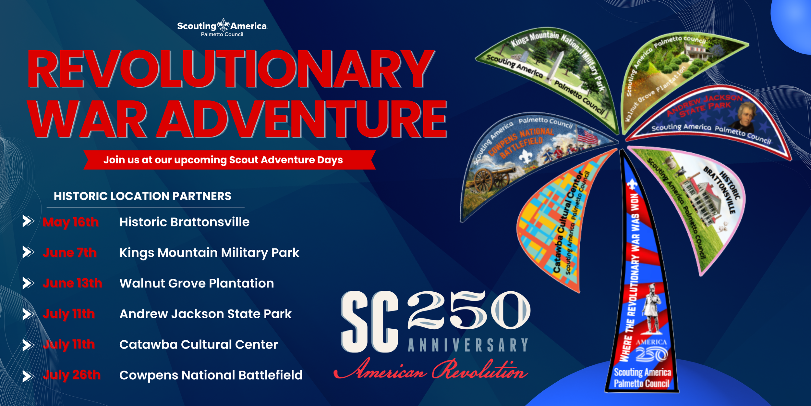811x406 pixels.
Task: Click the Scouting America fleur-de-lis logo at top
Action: [x=223, y=25]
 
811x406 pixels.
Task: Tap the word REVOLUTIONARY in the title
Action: [x=230, y=70]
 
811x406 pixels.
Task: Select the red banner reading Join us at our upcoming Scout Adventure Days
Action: [x=229, y=160]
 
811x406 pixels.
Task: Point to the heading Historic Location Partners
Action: [x=142, y=196]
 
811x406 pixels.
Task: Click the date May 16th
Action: [x=70, y=222]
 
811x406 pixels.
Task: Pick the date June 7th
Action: [x=69, y=253]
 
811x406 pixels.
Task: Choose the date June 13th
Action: [x=72, y=283]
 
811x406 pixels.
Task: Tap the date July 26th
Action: [x=71, y=375]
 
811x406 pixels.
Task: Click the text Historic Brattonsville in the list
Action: [x=184, y=222]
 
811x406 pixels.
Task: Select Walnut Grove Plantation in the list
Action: [x=197, y=283]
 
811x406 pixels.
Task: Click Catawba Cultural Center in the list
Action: [x=199, y=345]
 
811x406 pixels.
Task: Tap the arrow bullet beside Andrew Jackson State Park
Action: [x=28, y=314]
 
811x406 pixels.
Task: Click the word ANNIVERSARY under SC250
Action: [x=468, y=345]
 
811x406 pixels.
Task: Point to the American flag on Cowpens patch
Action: [x=587, y=136]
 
